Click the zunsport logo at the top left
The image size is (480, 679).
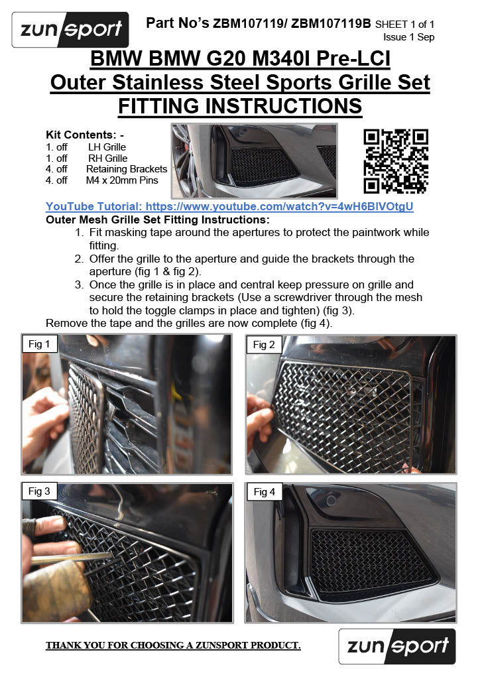coord(70,29)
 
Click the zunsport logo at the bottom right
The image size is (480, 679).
coord(397,646)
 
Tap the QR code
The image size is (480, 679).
coord(396,161)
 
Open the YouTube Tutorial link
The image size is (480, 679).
coord(229,207)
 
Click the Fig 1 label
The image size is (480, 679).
coord(39,344)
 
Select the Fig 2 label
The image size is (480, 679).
coord(264,345)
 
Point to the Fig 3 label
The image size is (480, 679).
coord(39,491)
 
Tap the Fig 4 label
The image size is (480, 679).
coord(265,492)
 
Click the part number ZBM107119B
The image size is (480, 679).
coord(331,23)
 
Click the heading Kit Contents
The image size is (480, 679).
coord(85,135)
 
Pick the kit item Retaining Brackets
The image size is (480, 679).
coord(127,169)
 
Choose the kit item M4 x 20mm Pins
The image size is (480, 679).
coord(122,180)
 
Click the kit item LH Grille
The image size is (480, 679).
coord(107,147)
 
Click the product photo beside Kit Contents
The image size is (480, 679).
coord(254,161)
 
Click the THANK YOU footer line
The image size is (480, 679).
coord(173,645)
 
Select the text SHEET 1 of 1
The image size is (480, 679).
coord(404,25)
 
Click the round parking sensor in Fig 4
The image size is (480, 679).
coord(331,501)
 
